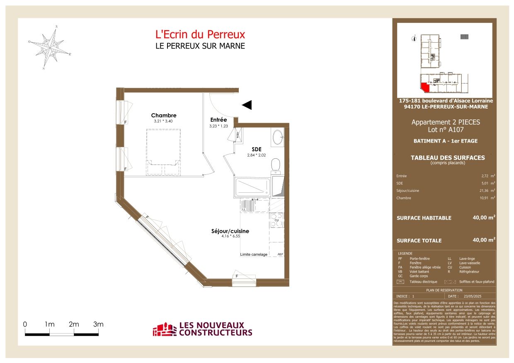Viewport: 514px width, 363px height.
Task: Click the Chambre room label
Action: pos(164,116)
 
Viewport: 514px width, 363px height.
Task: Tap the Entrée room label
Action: pos(218,120)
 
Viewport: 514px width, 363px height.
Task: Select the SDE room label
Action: pos(257,150)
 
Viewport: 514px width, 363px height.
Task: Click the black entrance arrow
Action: pos(247,105)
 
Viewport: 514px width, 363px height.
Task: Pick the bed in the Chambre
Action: pos(164,152)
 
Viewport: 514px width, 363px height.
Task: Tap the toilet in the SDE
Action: pos(276,166)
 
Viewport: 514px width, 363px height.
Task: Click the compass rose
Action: pos(50,46)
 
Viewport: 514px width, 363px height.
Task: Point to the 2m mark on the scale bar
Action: pos(74,324)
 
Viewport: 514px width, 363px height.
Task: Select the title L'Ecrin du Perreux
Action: pos(200,34)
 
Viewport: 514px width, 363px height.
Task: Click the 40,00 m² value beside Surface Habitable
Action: pos(484,217)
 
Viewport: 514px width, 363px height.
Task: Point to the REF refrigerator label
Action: pos(280,254)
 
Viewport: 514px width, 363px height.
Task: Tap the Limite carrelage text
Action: pos(254,254)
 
